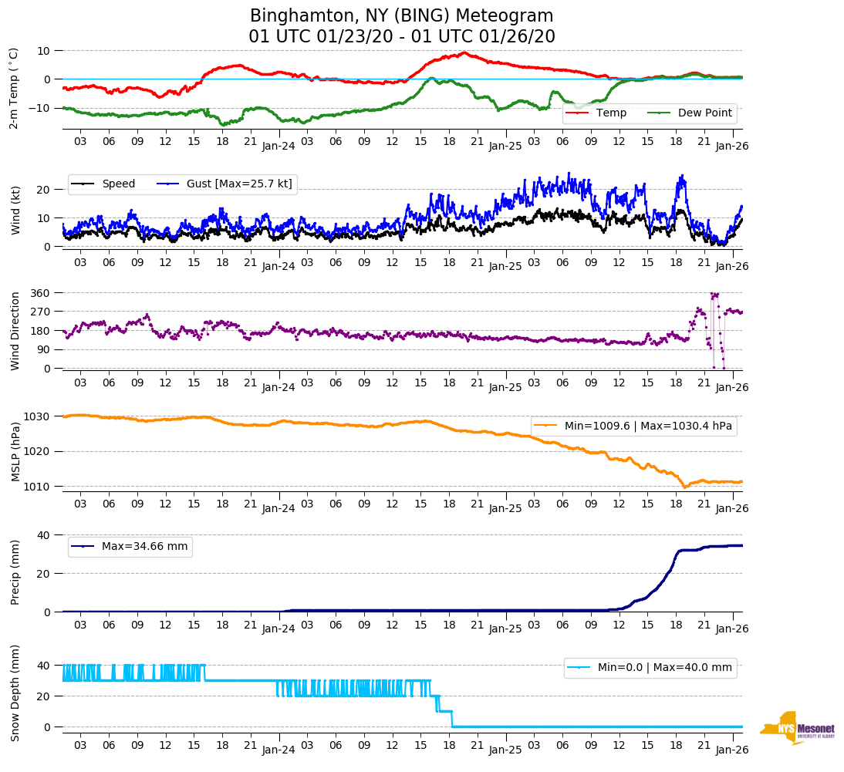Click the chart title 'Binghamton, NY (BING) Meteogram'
[x=402, y=16]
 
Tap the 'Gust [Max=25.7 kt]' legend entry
[x=239, y=184]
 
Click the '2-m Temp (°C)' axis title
[x=13, y=87]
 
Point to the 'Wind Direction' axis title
[x=15, y=330]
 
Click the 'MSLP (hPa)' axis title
[x=15, y=451]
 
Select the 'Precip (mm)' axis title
[x=15, y=572]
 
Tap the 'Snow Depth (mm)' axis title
[x=15, y=692]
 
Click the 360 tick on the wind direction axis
[x=41, y=293]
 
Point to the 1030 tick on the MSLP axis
[x=39, y=416]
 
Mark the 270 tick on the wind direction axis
[x=41, y=312]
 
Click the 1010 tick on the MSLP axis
[x=39, y=486]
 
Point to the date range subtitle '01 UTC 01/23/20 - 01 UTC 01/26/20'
[x=402, y=37]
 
